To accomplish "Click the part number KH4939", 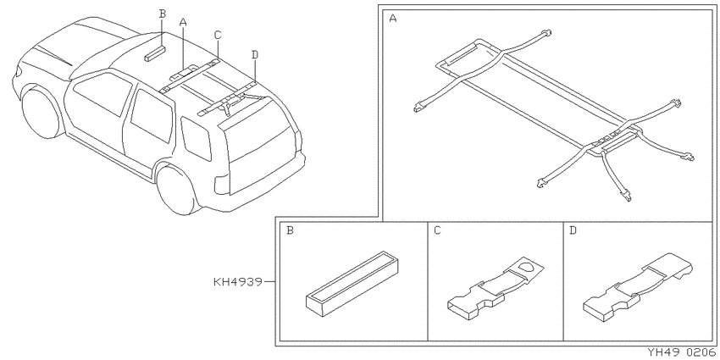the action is (238, 281).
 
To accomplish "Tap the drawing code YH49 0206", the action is (682, 352).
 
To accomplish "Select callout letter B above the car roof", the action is (162, 14).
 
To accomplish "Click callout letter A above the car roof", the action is (183, 22).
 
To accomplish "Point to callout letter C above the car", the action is (218, 35).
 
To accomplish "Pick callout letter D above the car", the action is (255, 55).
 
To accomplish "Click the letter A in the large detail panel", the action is (392, 19).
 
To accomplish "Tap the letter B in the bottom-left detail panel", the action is (290, 230).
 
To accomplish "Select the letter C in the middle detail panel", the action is (437, 230).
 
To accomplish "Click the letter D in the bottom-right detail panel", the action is (573, 230).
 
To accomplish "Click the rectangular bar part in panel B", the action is (352, 284).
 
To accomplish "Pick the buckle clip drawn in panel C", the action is (495, 288).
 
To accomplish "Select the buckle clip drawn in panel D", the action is (639, 287).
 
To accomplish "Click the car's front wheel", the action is (42, 113).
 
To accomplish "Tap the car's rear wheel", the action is (176, 190).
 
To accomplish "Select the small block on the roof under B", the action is (154, 53).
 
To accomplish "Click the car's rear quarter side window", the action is (196, 138).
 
